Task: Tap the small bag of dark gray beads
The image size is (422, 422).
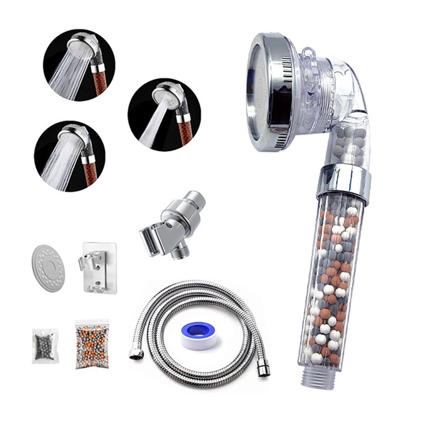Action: tap(45, 346)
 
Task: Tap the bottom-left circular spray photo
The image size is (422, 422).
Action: tap(70, 156)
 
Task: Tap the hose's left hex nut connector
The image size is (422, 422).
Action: tap(136, 353)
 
